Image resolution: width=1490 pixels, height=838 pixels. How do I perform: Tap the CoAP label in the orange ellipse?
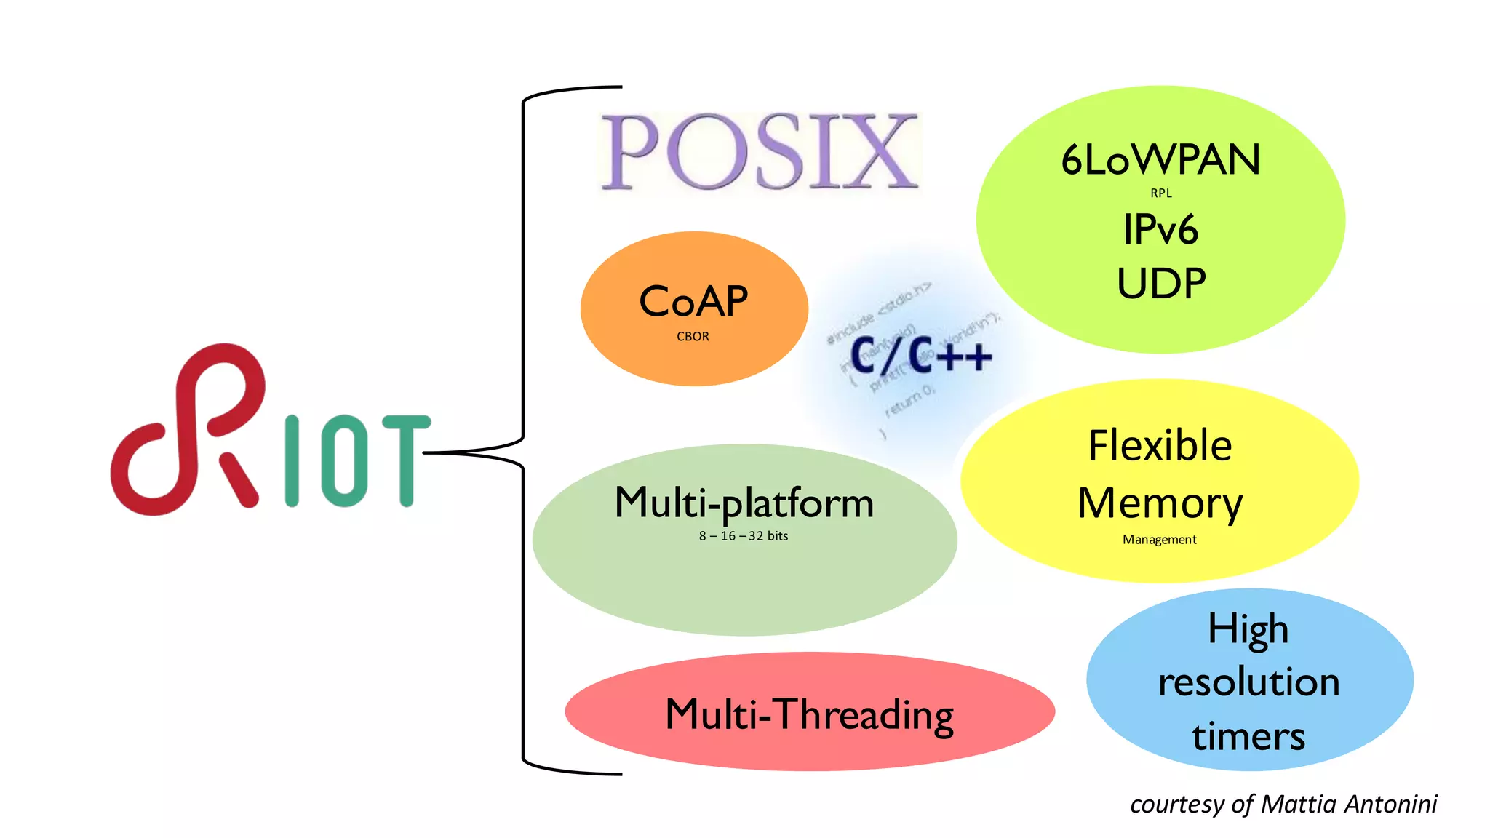[693, 301]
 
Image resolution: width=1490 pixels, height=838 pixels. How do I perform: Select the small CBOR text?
[693, 337]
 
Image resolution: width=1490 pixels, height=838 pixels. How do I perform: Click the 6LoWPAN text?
[1160, 160]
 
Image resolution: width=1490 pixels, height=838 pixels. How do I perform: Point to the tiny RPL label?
[1161, 193]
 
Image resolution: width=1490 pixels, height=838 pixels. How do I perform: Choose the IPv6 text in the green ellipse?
[1160, 230]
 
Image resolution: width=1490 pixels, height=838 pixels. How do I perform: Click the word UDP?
[1161, 284]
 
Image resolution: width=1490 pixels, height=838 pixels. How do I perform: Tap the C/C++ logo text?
[920, 356]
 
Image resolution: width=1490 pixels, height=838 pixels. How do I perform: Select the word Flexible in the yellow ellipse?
[1160, 445]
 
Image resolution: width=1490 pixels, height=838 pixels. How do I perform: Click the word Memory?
[1160, 503]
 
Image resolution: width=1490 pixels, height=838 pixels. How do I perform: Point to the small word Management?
[1159, 540]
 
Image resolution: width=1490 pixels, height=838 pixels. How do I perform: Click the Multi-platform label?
[744, 503]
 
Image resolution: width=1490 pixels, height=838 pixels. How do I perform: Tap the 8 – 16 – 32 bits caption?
[744, 536]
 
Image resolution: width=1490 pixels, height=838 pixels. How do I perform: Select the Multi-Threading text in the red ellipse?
[809, 714]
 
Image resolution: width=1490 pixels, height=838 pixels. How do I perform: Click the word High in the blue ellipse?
[1248, 629]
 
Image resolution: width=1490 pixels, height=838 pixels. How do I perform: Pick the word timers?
[1248, 736]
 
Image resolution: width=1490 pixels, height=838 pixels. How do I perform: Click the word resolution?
[1248, 682]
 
